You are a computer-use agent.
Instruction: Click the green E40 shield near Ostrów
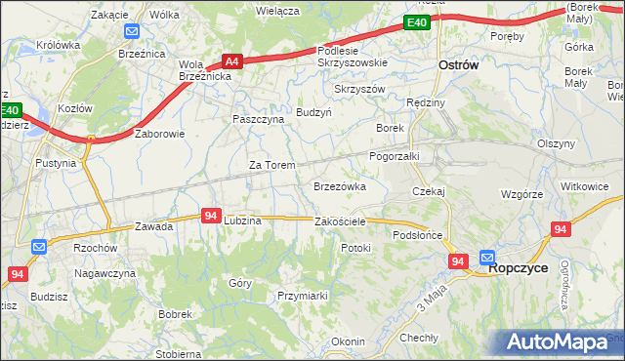(x=417, y=22)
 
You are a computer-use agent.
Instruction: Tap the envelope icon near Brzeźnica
(x=132, y=31)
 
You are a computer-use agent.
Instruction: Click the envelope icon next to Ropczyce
(x=487, y=258)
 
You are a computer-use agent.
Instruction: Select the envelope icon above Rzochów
(x=39, y=248)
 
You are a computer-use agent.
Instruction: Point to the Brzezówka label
(x=339, y=185)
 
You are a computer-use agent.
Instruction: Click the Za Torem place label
(x=271, y=165)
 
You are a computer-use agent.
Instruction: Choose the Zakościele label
(x=340, y=221)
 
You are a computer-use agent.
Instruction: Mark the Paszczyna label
(x=258, y=119)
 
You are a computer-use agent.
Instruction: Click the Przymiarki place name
(x=301, y=295)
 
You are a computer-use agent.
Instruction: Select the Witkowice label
(x=584, y=185)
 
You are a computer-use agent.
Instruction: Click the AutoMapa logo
(x=562, y=342)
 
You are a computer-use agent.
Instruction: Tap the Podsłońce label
(x=418, y=235)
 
